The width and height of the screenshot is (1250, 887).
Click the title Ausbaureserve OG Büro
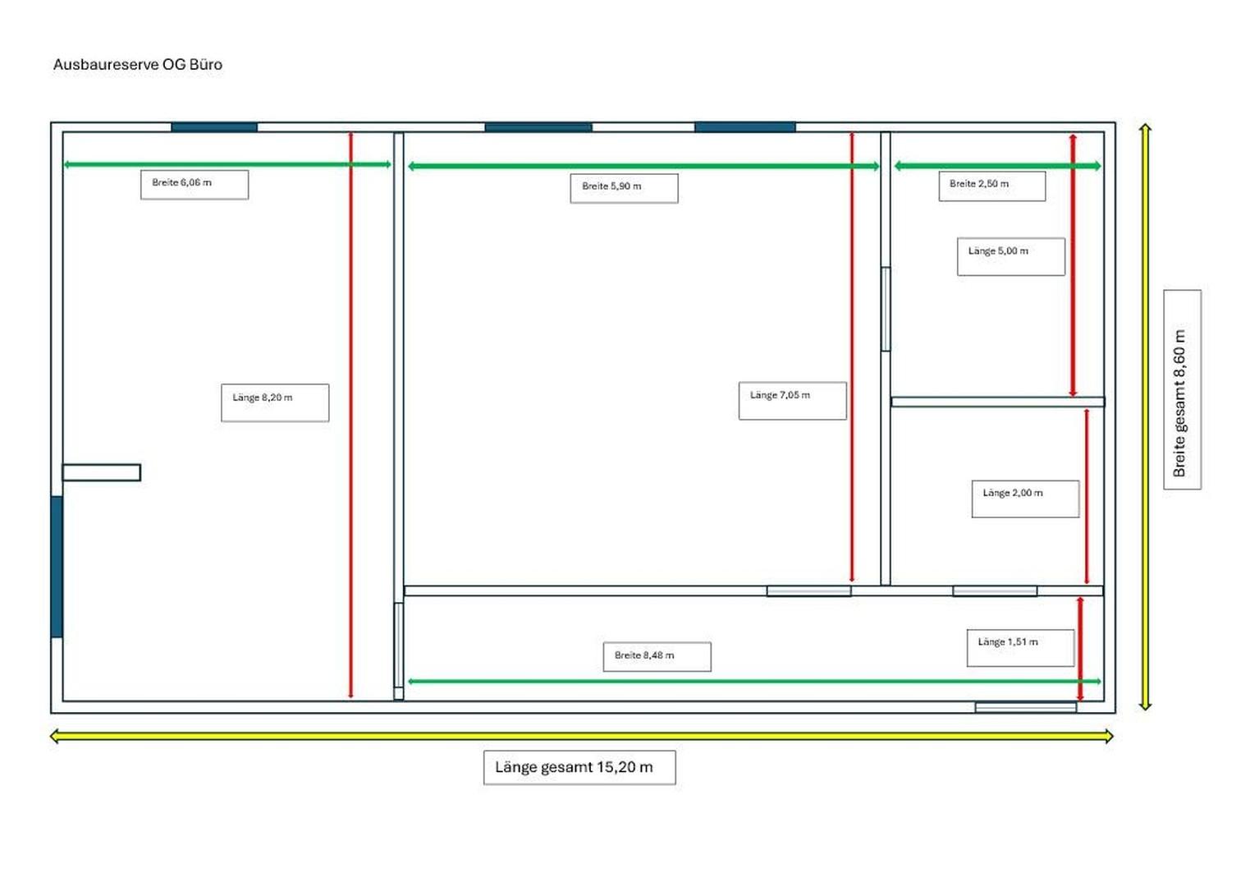coord(137,65)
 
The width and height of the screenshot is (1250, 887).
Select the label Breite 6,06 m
coord(194,184)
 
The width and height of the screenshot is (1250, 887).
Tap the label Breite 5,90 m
coord(624,187)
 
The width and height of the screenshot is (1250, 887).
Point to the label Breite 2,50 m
coord(991,186)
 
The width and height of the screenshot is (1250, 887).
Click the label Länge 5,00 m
coord(1010,256)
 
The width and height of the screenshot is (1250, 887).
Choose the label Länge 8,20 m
coord(275,402)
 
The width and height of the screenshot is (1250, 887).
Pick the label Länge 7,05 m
coord(792,400)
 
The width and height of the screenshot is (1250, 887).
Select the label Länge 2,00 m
coord(1025,499)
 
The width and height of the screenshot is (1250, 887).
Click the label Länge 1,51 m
coord(1020,647)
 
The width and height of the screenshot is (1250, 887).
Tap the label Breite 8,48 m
coord(657,656)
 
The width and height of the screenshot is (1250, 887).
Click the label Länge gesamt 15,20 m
coord(579,767)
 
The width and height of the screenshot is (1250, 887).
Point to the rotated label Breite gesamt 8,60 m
coord(1182,390)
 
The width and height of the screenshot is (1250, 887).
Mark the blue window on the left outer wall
coord(57,567)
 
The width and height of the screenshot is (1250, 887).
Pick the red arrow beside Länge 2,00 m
coord(1087,496)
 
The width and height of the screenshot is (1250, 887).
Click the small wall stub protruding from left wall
coord(102,472)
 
